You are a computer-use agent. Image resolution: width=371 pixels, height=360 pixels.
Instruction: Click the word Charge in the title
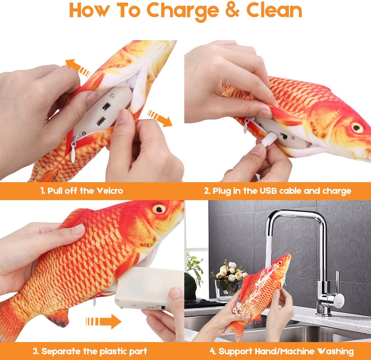pos(183,11)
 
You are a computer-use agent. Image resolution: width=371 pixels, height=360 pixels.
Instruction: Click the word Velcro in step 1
pos(109,191)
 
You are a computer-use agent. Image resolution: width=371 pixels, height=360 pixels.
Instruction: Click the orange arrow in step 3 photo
pos(104,322)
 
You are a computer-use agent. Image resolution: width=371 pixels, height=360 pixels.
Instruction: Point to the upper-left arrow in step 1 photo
pos(78,67)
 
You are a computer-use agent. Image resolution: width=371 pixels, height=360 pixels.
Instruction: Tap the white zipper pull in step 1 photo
pos(73,153)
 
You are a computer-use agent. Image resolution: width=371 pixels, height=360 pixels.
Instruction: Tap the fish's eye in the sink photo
pos(279,263)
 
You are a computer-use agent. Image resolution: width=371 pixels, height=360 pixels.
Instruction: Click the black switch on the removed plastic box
pos(163,307)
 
